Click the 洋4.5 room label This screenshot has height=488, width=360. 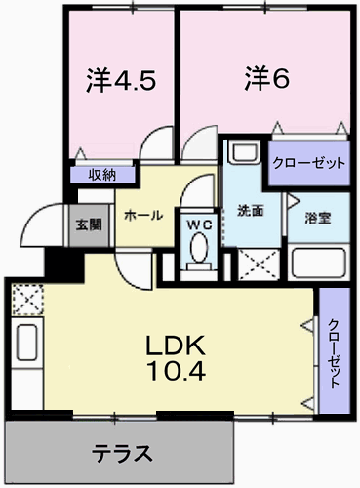click(121, 80)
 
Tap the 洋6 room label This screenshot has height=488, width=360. click(266, 78)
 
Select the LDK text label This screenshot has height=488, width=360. click(176, 346)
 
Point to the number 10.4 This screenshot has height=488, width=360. click(177, 371)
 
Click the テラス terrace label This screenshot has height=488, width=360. click(122, 454)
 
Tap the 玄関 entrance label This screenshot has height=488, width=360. click(89, 224)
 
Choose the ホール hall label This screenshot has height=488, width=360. click(143, 215)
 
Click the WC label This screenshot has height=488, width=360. click(199, 224)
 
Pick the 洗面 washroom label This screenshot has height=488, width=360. click(250, 211)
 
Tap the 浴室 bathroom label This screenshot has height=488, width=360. click(318, 218)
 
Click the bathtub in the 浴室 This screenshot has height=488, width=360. click(318, 263)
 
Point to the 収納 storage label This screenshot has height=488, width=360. click(102, 176)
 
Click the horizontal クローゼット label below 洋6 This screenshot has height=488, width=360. click(308, 163)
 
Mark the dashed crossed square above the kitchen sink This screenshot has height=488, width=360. click(27, 300)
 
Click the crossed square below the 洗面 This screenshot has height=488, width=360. click(260, 264)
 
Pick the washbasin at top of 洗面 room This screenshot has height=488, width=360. click(245, 151)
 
